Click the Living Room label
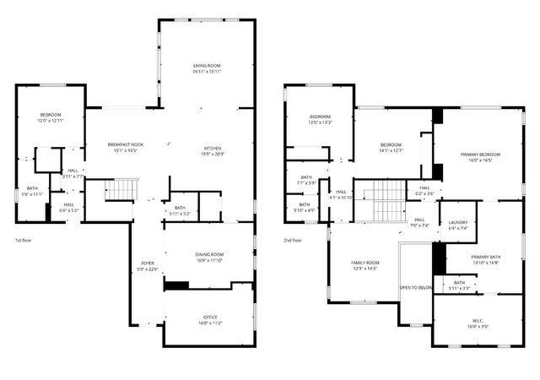206,64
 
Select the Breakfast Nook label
125,144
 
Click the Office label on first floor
209,317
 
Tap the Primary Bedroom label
480,155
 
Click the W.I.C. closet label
477,320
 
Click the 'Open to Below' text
416,287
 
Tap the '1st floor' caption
24,241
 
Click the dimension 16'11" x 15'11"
206,71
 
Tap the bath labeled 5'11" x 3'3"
459,285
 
